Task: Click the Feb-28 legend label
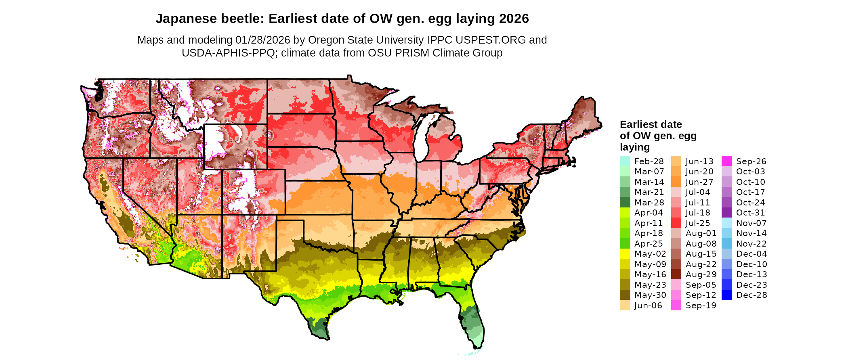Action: (649, 161)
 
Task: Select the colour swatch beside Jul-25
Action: (676, 223)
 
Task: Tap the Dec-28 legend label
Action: (751, 295)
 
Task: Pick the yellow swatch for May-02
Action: (625, 254)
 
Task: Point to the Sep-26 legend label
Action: (751, 161)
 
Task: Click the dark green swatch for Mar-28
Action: (625, 203)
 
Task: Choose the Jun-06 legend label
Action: (648, 306)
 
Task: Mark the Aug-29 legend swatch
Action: (676, 274)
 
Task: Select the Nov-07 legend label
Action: (751, 223)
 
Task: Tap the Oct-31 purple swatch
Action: (726, 213)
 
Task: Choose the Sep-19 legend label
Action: (701, 306)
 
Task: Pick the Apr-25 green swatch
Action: (625, 244)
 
